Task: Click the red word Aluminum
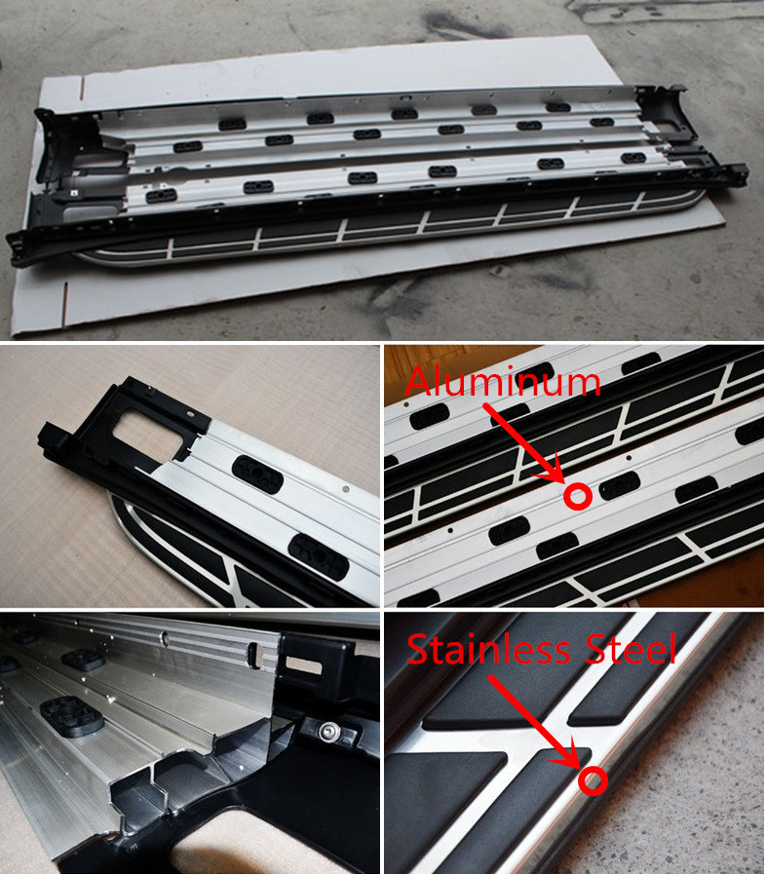pos(503,382)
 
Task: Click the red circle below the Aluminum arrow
pos(577,496)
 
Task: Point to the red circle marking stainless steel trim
pos(593,780)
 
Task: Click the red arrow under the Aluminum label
pos(524,443)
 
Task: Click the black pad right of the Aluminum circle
pos(619,485)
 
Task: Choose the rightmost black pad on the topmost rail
pos(557,107)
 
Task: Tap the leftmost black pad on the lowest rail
pos(162,196)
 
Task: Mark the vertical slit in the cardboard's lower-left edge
pos(65,304)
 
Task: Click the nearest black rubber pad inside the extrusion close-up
pos(71,713)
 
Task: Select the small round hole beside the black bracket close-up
pos(346,489)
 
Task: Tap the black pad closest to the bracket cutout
pos(257,475)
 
